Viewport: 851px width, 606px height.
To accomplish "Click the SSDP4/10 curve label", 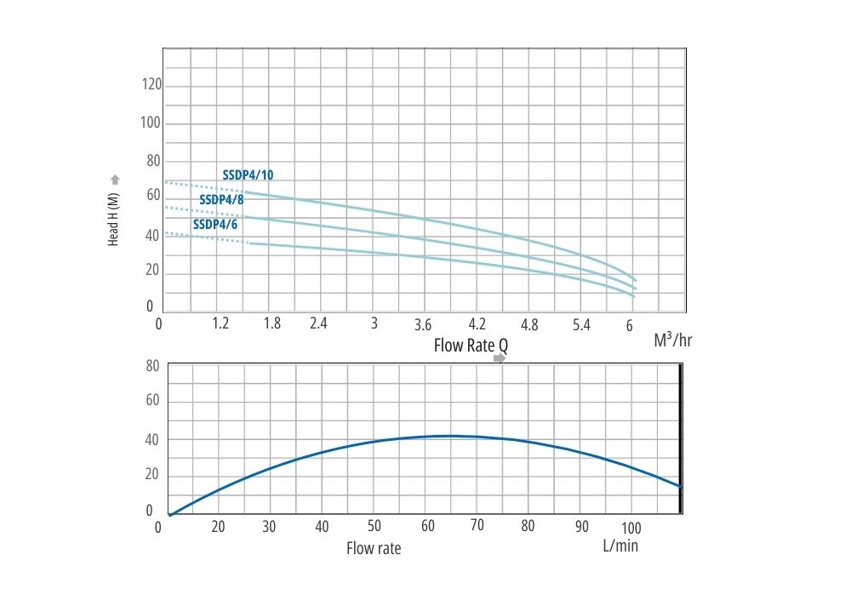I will point(248,175).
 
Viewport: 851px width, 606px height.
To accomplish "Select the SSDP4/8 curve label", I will point(221,200).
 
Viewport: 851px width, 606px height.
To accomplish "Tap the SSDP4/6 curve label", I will point(215,225).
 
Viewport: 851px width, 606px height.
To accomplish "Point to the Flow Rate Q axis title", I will point(471,346).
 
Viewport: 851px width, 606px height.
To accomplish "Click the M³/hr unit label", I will point(672,340).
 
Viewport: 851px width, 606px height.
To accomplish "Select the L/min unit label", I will point(620,546).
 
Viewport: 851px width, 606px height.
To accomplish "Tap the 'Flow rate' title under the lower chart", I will point(374,548).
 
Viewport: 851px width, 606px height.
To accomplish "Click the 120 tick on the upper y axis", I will point(151,85).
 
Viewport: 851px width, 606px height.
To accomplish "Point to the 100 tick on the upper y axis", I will point(151,123).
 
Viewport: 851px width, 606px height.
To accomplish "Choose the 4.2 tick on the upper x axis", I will point(477,323).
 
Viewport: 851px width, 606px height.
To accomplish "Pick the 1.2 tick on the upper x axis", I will point(220,323).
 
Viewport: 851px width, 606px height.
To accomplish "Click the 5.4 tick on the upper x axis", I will point(581,324).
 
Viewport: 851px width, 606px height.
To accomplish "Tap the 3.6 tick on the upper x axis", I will point(423,324).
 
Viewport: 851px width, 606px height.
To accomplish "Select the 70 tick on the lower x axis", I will point(477,525).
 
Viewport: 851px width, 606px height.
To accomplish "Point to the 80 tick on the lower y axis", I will point(153,367).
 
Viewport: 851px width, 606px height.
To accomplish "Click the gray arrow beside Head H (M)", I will point(115,180).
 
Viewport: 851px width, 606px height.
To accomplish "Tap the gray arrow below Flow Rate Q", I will point(500,358).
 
